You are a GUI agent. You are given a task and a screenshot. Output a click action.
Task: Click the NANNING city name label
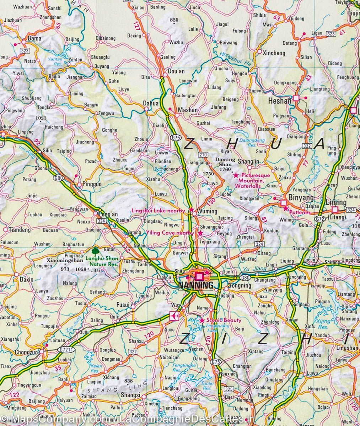196,285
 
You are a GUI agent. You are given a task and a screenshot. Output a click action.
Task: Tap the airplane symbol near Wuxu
174,316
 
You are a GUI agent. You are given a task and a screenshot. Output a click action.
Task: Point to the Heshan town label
280,101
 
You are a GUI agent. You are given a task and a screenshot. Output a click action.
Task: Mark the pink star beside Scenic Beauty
202,321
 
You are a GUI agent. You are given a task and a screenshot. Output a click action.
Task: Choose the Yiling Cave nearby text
170,233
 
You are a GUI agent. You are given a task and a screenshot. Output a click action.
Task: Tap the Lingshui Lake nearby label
158,211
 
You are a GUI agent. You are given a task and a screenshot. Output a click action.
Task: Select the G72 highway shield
319,219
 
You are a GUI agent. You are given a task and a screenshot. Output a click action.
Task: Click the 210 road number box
203,154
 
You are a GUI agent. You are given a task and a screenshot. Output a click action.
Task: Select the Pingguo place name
92,185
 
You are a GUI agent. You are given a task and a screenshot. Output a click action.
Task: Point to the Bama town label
34,38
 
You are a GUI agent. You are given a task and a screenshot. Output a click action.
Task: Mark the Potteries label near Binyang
300,212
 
